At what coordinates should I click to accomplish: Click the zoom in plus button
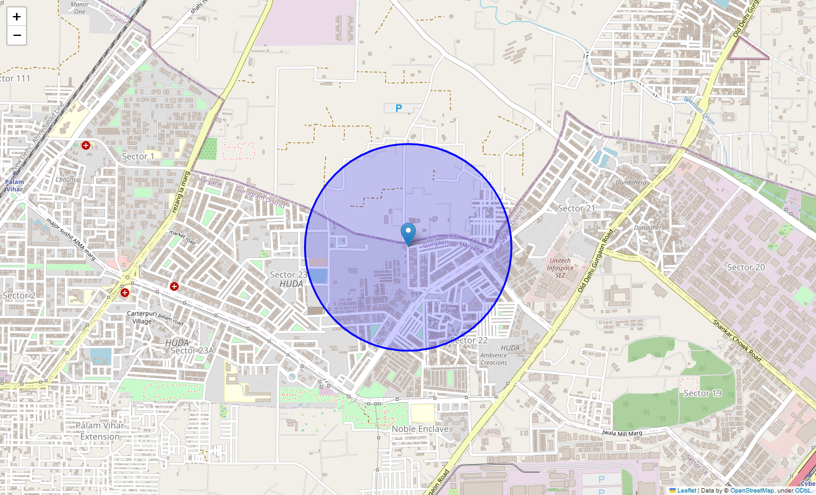(x=17, y=17)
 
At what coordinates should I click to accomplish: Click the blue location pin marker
(x=408, y=233)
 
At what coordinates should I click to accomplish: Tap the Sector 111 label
(x=15, y=79)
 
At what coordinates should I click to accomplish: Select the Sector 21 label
(x=576, y=209)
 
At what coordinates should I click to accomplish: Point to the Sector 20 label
(x=746, y=267)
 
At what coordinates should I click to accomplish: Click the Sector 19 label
(x=702, y=394)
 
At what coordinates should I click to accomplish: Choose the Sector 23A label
(x=192, y=351)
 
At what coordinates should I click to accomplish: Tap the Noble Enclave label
(x=420, y=429)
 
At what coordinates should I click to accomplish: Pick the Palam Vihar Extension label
(x=100, y=431)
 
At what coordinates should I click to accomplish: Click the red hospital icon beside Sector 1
(x=86, y=145)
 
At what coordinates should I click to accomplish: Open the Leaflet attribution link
(x=686, y=491)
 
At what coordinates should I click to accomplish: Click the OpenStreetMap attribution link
(x=752, y=491)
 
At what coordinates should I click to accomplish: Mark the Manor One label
(x=80, y=8)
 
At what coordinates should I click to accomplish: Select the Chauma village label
(x=67, y=179)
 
